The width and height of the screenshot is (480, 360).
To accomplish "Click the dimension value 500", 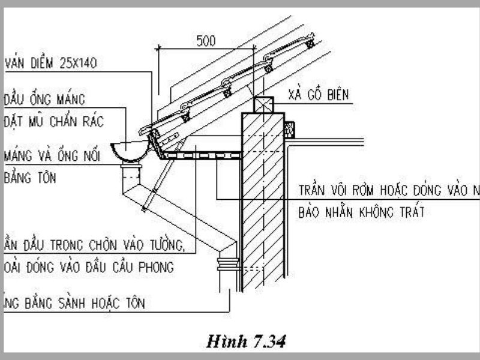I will pos(206,41).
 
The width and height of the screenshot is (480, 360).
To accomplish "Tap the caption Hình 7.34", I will pos(245,342).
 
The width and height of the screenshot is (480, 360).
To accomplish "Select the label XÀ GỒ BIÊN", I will pos(318,94).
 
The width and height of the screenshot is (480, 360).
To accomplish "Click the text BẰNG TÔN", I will pos(29,178).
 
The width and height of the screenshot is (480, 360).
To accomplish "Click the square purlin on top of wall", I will pos(263,105).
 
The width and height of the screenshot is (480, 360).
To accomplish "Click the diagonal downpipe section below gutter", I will pos(180,216).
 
